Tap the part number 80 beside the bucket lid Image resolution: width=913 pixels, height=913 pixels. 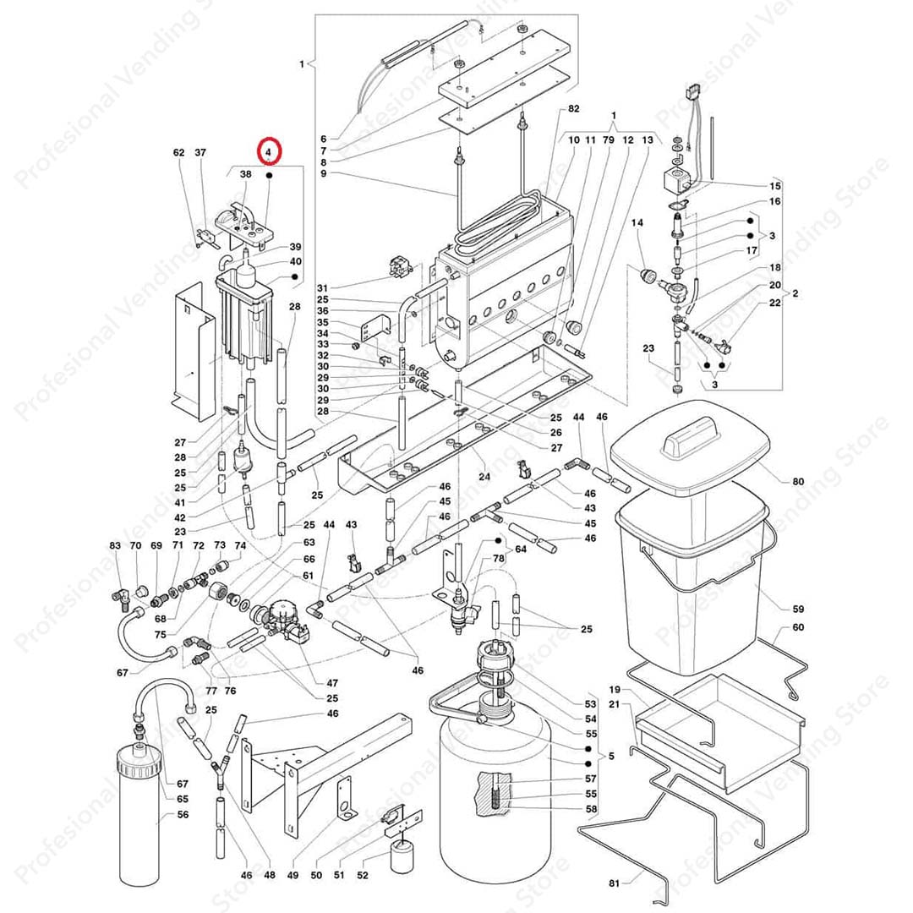798,482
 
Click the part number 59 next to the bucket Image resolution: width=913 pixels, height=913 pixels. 798,609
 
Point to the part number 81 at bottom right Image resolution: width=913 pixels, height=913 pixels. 614,883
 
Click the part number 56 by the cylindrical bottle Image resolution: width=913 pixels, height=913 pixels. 183,815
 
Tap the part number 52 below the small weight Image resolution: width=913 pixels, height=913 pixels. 363,875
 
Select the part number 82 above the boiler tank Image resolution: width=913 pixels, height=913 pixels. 574,109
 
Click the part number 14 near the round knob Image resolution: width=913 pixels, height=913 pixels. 637,222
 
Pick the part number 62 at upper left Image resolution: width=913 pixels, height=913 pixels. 178,153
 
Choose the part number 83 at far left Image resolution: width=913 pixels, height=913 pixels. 115,546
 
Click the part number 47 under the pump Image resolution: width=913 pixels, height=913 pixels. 332,682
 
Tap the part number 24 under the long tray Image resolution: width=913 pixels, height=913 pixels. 484,477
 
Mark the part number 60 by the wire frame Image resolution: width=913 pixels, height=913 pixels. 798,628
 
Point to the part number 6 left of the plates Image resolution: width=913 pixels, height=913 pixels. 323,139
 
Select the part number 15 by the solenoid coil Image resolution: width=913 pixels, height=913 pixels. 775,185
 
